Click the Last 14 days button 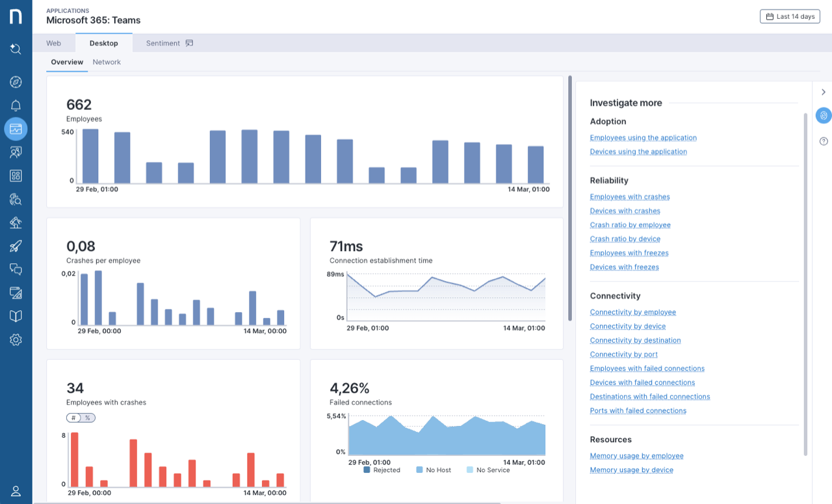(790, 16)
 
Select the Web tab (53, 43)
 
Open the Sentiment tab (169, 43)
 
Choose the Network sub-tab (107, 62)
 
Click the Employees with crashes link (629, 197)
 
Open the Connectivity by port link (623, 354)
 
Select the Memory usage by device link (631, 470)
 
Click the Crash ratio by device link (625, 239)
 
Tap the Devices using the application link (638, 152)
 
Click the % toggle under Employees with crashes (88, 418)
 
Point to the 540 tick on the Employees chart (67, 132)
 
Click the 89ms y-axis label (335, 274)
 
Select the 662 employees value (79, 105)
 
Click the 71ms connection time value (346, 246)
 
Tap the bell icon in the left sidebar (16, 105)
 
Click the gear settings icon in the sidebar (16, 339)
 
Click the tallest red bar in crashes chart (74, 459)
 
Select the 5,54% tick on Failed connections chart (337, 416)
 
